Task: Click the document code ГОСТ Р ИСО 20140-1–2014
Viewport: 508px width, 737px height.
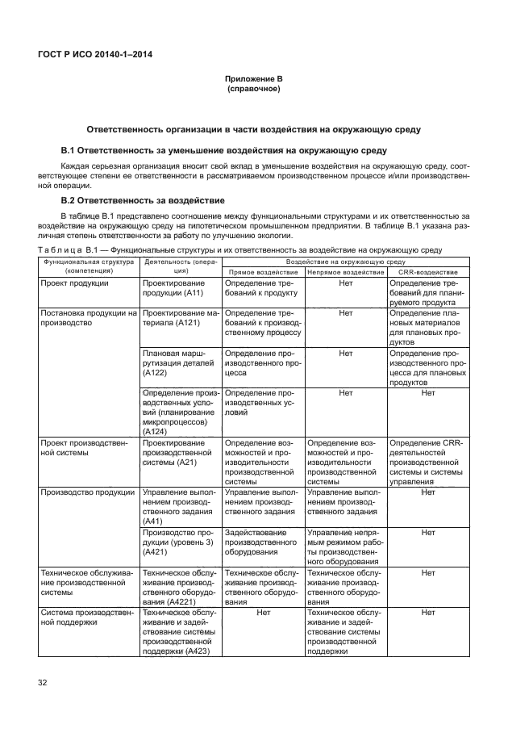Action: pyautogui.click(x=96, y=54)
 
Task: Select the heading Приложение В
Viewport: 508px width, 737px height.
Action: pyautogui.click(x=253, y=78)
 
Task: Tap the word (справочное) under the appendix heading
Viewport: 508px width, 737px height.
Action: pyautogui.click(x=253, y=88)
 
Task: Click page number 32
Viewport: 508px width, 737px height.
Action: pyautogui.click(x=43, y=683)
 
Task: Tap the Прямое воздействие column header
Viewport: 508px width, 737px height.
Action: pyautogui.click(x=262, y=272)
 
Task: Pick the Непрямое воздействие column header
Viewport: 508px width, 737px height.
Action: pyautogui.click(x=345, y=272)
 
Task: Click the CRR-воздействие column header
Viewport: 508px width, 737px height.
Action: pyautogui.click(x=427, y=272)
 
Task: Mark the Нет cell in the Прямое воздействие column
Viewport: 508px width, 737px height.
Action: pyautogui.click(x=262, y=613)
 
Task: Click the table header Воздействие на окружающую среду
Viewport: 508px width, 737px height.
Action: pyautogui.click(x=345, y=262)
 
